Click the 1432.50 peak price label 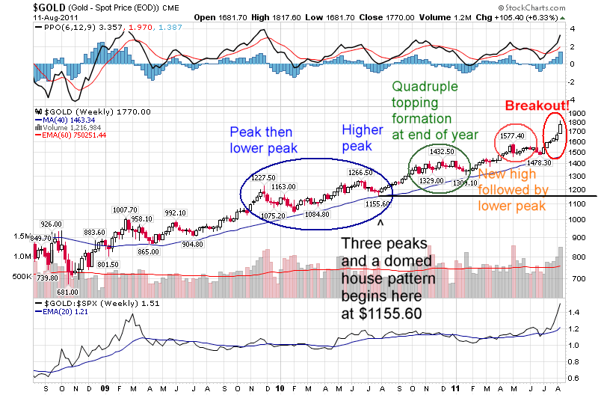click(441, 151)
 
